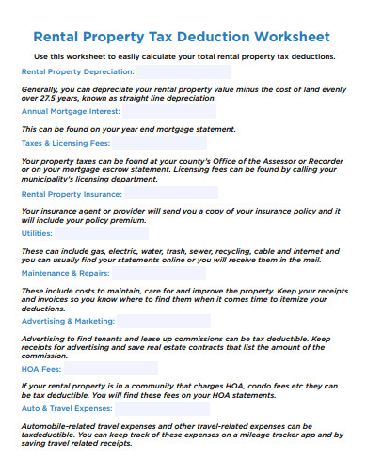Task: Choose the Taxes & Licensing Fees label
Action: [x=66, y=144]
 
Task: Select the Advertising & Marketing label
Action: [x=68, y=322]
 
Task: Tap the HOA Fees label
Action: [x=39, y=371]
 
